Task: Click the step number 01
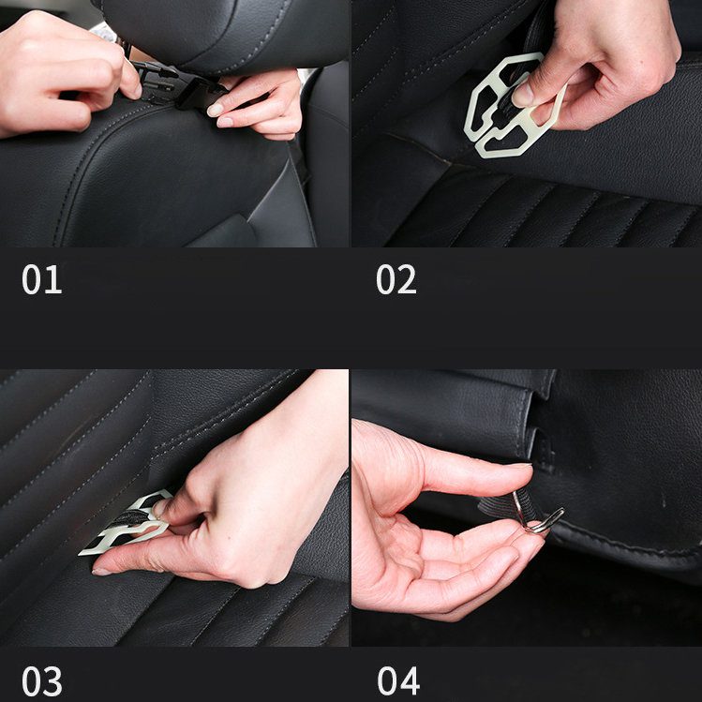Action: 41,280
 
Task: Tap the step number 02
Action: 396,280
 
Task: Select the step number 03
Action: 41,679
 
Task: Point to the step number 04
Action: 396,679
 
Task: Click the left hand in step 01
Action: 56,70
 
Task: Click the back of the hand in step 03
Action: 253,487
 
